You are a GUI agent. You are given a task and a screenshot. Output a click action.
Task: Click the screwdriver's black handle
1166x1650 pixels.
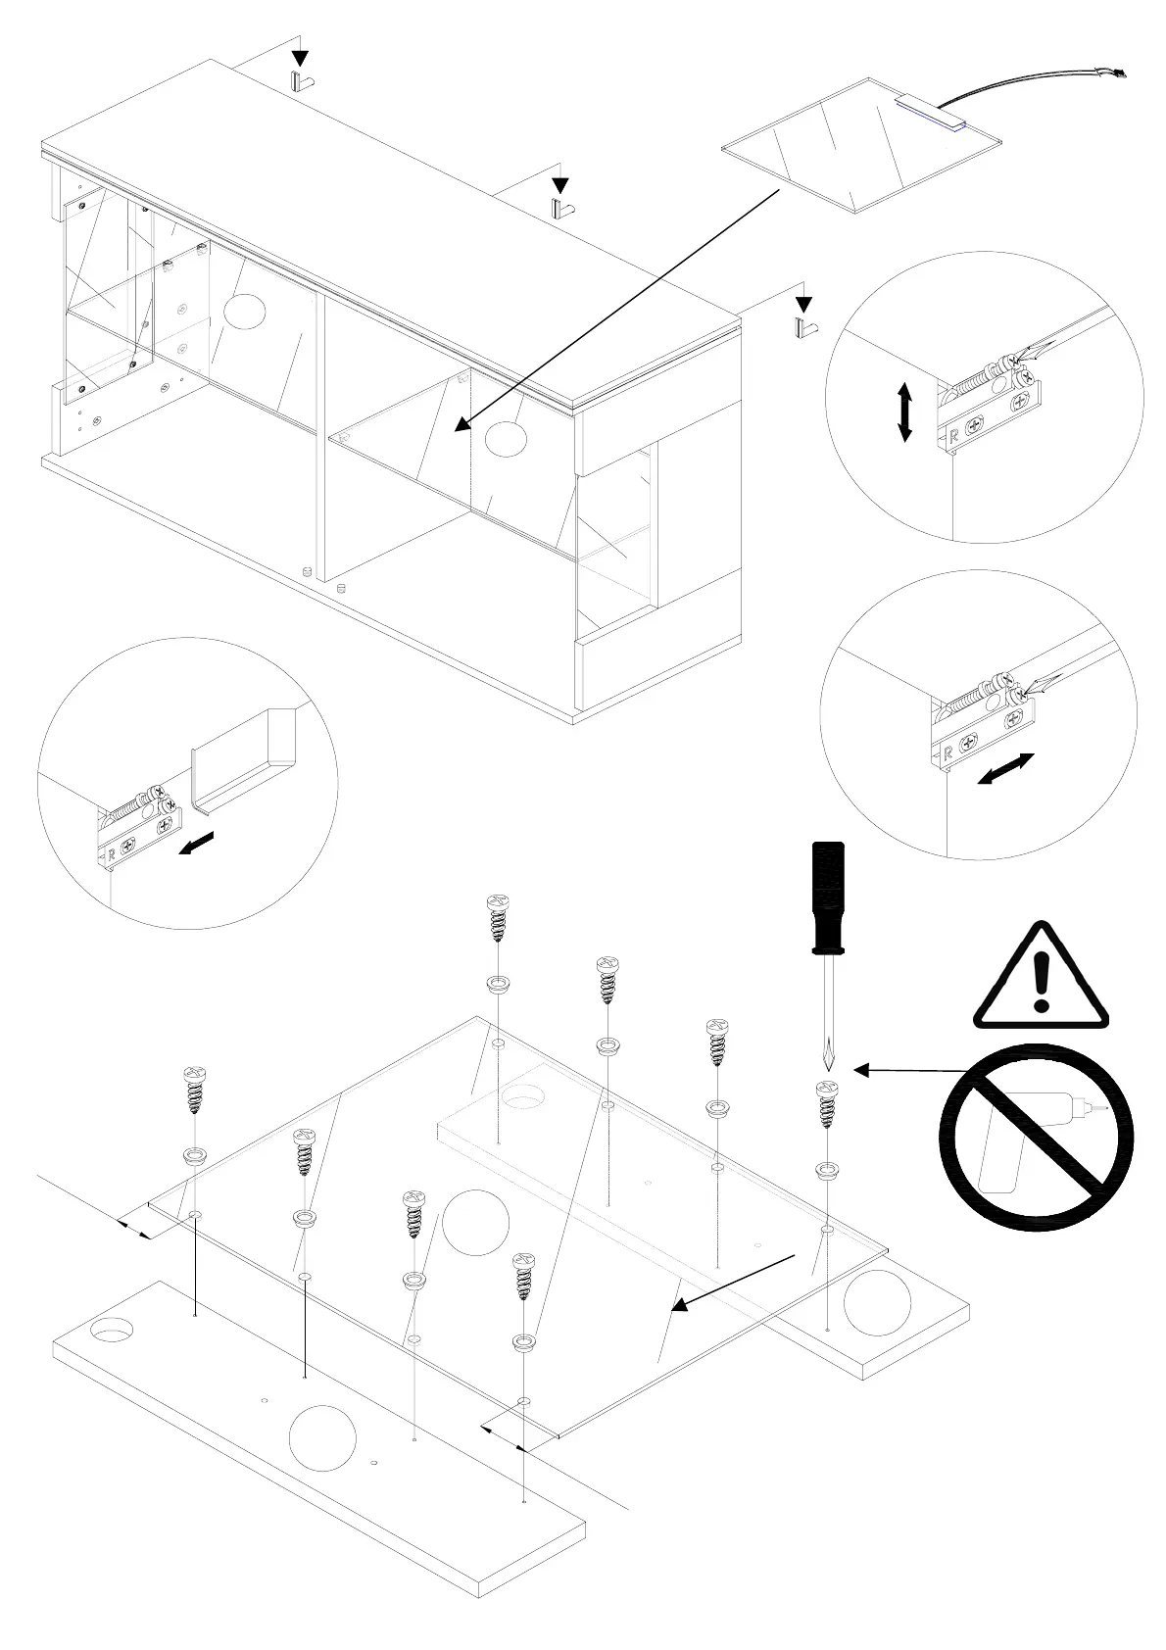(x=827, y=897)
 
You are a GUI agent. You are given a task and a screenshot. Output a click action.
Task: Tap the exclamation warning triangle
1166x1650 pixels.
(x=1041, y=977)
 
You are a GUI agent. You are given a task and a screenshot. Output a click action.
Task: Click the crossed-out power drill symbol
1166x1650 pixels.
(x=1036, y=1138)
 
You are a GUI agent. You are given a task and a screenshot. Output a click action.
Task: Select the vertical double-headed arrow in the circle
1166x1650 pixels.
(x=904, y=412)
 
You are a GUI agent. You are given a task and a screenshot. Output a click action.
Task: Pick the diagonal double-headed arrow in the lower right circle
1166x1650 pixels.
(x=1006, y=768)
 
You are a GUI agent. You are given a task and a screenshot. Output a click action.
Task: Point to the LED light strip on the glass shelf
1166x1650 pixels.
(x=929, y=113)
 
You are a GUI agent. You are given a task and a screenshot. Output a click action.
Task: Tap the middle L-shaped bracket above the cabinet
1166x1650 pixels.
(x=561, y=208)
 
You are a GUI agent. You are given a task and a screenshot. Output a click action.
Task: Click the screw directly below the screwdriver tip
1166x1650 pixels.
(x=827, y=1103)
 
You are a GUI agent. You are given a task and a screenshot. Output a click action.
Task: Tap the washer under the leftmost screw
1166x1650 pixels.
(x=194, y=1155)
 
